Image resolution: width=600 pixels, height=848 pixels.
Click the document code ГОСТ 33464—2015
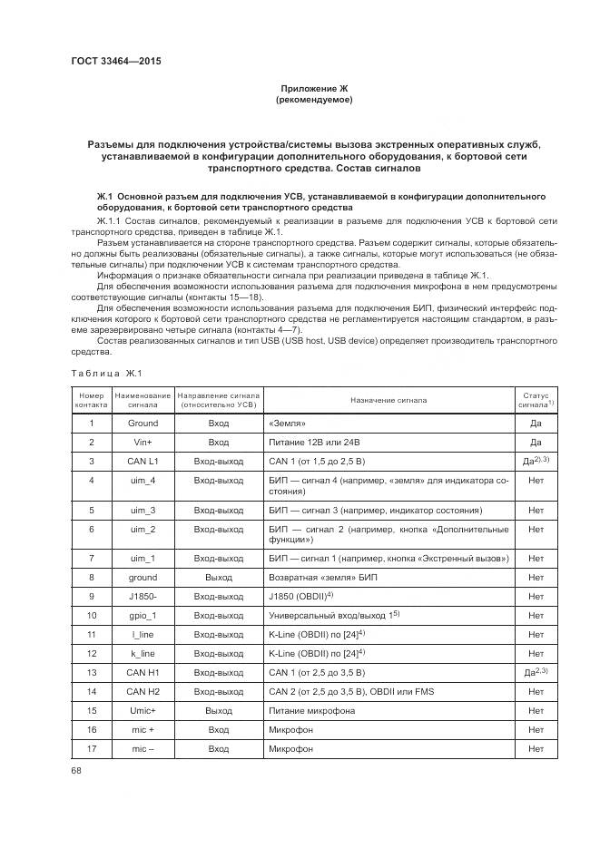[x=109, y=63]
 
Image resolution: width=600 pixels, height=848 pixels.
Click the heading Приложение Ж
[x=313, y=88]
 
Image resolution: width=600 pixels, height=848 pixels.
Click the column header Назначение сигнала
[x=385, y=400]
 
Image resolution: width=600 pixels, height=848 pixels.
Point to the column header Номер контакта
[x=91, y=400]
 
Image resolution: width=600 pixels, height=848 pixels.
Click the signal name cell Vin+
[x=143, y=442]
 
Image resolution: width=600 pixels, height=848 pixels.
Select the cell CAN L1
[x=143, y=461]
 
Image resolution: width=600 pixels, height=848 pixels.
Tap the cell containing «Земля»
[x=289, y=423]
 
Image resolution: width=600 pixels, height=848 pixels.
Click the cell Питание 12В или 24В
[x=314, y=442]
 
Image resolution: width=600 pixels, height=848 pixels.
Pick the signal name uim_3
[x=143, y=510]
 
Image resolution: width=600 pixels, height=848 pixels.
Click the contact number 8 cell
[x=91, y=577]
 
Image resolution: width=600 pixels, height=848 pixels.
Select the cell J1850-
[x=143, y=596]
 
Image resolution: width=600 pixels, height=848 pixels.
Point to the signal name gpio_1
[x=143, y=615]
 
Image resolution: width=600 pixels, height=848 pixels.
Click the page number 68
[x=76, y=770]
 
